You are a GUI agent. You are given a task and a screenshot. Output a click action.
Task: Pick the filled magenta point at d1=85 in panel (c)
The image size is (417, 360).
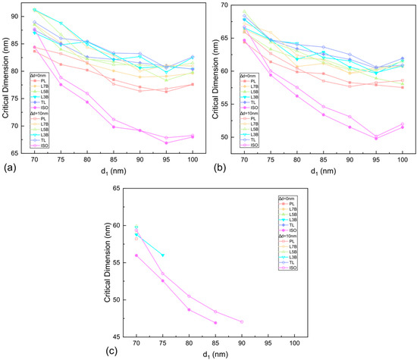(215, 323)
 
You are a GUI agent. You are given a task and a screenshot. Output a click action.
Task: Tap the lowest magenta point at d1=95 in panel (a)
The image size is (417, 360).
(166, 142)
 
